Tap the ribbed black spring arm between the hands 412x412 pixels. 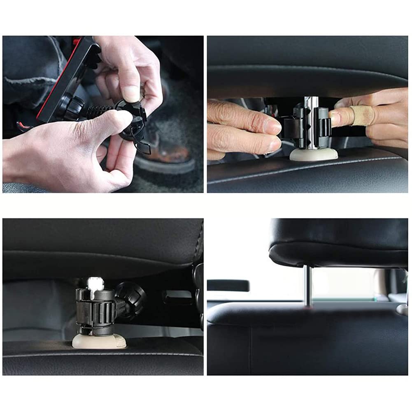(99, 110)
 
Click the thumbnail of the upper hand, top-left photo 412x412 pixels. (130, 93)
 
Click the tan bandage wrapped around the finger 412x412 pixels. (362, 116)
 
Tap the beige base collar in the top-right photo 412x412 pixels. (314, 154)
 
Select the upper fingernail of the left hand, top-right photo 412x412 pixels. (272, 126)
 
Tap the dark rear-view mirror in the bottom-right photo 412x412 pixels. (228, 285)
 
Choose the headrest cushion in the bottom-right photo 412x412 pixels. (338, 243)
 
